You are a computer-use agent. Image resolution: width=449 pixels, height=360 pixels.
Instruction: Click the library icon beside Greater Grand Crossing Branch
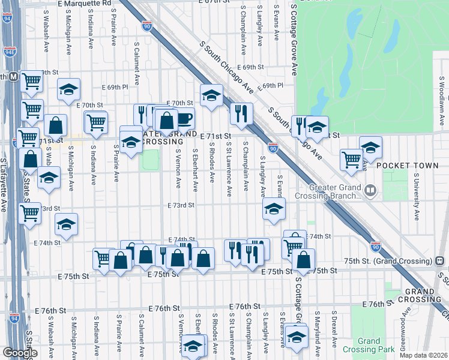click(x=371, y=191)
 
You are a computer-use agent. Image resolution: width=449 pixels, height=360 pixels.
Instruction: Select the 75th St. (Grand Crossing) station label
click(x=390, y=261)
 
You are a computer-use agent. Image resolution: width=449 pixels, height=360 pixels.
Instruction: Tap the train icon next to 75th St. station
click(x=440, y=261)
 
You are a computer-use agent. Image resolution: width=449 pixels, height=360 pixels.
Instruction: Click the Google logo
click(x=20, y=353)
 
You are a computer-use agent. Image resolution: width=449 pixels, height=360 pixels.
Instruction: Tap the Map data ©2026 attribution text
click(x=423, y=355)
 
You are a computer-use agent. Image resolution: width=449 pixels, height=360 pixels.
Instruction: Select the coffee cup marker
click(x=184, y=118)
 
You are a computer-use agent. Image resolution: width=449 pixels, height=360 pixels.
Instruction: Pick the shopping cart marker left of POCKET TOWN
click(x=351, y=159)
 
